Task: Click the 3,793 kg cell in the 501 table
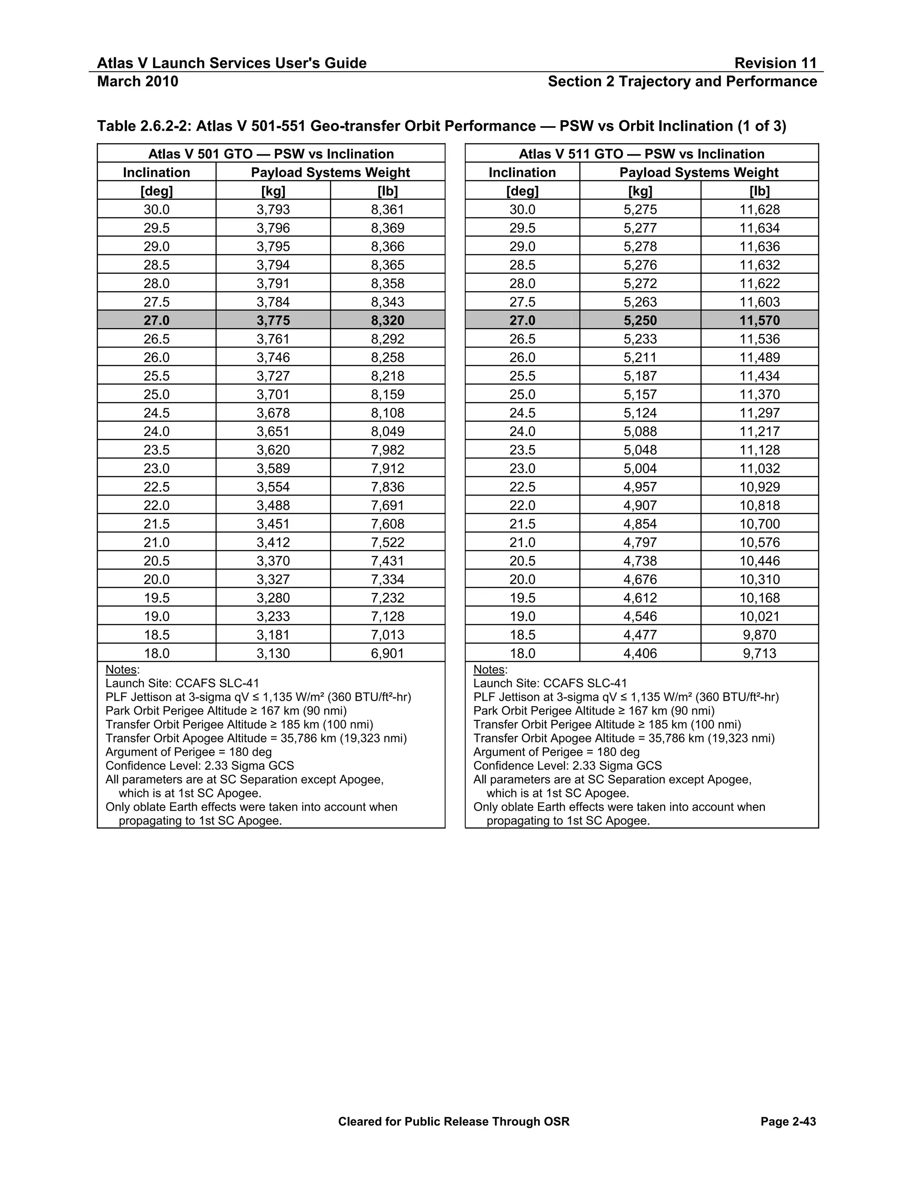273,209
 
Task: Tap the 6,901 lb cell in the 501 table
387,653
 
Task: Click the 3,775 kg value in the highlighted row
273,321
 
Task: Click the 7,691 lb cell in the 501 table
387,505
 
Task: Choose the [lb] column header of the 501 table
387,191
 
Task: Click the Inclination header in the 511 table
522,173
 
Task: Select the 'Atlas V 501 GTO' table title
271,154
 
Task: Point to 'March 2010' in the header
137,81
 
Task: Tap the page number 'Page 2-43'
788,1122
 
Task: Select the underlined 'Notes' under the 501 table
121,669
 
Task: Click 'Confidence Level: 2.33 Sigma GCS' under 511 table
567,766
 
